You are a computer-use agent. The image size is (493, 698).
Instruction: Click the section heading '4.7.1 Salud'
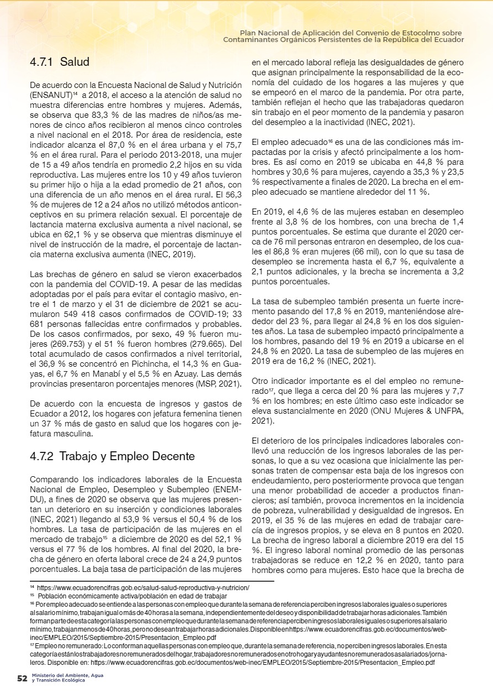tap(59, 61)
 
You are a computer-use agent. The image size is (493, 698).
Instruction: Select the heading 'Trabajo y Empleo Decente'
tap(127, 456)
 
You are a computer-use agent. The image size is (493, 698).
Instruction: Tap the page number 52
tap(22, 678)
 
